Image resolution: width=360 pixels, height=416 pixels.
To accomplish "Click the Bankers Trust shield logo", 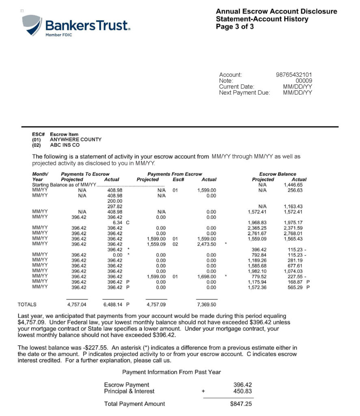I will [x=32, y=25].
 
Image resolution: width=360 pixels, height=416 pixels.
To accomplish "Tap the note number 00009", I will [x=303, y=81].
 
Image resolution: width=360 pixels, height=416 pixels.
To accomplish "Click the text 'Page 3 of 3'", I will [x=235, y=27].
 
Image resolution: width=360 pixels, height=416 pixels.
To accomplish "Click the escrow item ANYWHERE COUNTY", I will [x=75, y=139].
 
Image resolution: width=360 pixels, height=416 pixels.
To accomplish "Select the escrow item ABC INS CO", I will [x=65, y=145].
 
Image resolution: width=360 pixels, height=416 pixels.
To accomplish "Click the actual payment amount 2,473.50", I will [x=207, y=244].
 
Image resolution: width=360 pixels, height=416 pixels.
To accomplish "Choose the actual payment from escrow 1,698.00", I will [x=207, y=277].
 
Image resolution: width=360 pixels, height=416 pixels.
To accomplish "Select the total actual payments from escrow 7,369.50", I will [x=207, y=304].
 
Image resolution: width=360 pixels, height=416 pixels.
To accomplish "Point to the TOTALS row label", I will [x=27, y=304].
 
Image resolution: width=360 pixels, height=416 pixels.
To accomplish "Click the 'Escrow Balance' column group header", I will [x=278, y=174].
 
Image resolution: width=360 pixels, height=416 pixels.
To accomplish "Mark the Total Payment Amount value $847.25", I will [x=241, y=404].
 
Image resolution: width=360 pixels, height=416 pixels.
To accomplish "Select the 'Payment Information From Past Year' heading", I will [x=172, y=372].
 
